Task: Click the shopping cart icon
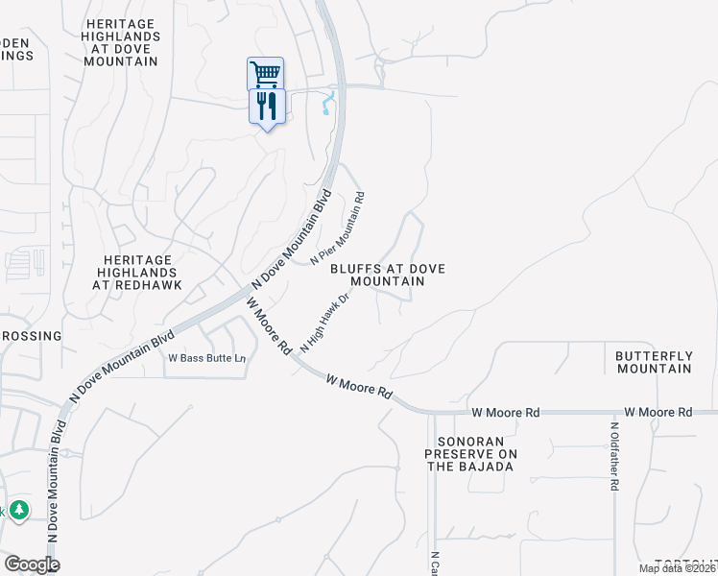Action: [x=265, y=73]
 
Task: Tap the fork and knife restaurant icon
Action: [x=266, y=106]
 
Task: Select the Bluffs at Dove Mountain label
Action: [x=388, y=276]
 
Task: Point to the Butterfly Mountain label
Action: [x=654, y=362]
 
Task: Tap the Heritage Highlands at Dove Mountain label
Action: [x=121, y=41]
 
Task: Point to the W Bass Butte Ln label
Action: [x=207, y=358]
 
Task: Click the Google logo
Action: [x=32, y=564]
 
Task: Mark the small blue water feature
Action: [x=329, y=104]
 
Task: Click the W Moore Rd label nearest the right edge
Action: [x=658, y=412]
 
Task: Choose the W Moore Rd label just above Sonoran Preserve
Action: [x=506, y=412]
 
